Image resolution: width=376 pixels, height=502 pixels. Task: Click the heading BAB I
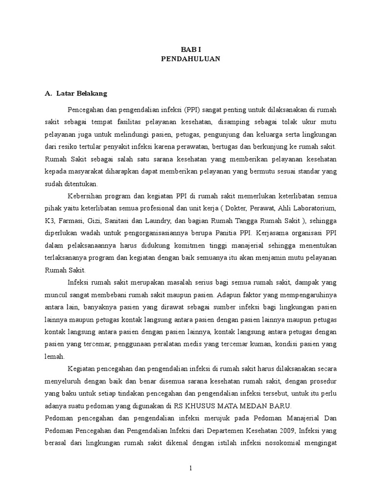tap(191, 50)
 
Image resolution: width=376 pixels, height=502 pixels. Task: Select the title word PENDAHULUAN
tap(191, 59)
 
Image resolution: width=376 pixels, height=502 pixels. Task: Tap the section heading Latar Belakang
tap(78, 93)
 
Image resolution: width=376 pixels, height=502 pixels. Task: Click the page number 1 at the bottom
tap(191, 469)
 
